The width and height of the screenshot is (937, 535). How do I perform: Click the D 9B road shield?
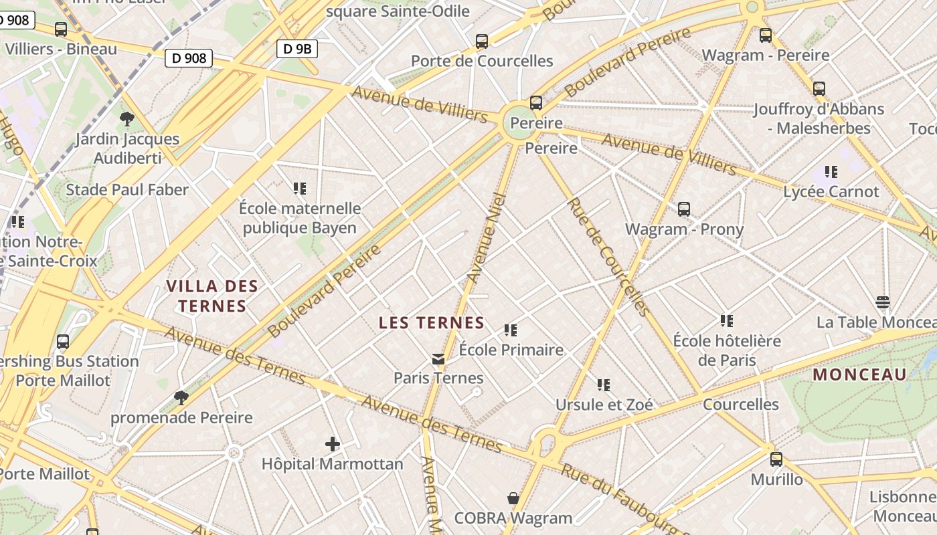click(x=296, y=48)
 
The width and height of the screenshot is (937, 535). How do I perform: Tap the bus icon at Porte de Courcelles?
click(x=482, y=41)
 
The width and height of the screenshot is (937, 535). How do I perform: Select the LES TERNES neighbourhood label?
click(x=432, y=323)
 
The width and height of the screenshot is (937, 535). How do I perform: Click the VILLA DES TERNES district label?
click(x=211, y=296)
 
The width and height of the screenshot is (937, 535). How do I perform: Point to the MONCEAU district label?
click(x=859, y=374)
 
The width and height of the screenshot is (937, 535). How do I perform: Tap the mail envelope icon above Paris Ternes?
click(x=438, y=359)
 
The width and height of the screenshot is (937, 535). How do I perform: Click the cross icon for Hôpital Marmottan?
click(x=333, y=443)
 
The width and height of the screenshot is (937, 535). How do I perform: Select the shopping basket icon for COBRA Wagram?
click(x=513, y=498)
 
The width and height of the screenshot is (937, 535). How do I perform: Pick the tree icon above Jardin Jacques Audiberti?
click(x=127, y=120)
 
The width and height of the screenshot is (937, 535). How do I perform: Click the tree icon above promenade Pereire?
click(x=181, y=398)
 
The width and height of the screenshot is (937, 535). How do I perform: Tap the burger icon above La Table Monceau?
click(x=883, y=302)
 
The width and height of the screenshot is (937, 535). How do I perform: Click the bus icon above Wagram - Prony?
click(x=684, y=209)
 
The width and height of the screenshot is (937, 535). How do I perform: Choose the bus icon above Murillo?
click(x=776, y=459)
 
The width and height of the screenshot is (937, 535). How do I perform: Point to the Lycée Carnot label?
click(x=831, y=192)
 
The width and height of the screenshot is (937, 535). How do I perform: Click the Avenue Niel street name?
click(x=484, y=237)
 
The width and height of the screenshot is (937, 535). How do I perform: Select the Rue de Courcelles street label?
click(x=608, y=257)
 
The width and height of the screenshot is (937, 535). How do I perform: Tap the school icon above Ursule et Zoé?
click(x=604, y=385)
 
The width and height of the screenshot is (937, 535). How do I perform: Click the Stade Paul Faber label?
click(x=127, y=190)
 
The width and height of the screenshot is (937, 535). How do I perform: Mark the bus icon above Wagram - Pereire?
click(x=766, y=35)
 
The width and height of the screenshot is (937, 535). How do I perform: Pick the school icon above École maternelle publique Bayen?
click(x=300, y=189)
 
